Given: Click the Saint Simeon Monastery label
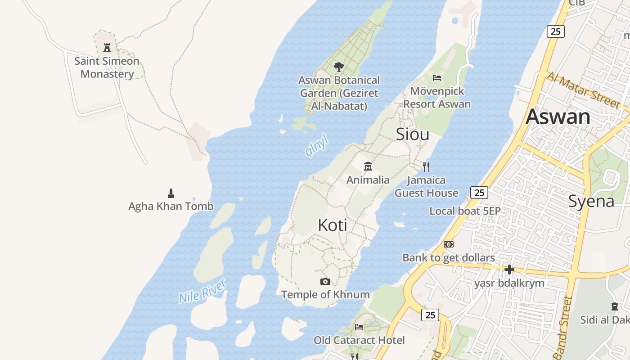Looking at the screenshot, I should [107, 67].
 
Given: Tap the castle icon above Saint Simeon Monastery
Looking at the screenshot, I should [107, 47].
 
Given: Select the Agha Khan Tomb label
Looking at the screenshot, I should [171, 207].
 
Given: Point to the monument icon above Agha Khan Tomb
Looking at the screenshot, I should [171, 193].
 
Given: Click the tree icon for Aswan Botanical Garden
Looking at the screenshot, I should [339, 67].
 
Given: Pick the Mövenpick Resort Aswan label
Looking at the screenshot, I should [437, 98].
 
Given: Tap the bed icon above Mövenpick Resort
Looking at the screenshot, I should [436, 78].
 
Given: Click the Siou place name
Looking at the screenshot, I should [412, 134].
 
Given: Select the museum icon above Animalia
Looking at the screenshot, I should [368, 166].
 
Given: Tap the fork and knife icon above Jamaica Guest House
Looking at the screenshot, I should [426, 167].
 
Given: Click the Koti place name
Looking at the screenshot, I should [333, 225].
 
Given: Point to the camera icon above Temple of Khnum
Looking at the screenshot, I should [325, 282].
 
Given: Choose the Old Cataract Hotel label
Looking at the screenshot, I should [359, 340].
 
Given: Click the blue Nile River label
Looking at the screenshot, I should [202, 292].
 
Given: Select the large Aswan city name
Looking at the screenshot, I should [558, 117].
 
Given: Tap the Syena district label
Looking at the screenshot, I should [591, 201].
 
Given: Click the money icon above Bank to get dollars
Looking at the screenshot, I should [449, 244].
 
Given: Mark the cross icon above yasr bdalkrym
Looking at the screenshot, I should [509, 270].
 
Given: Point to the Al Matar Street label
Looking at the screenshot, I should [582, 90].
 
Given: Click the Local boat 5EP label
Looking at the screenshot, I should [465, 211].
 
